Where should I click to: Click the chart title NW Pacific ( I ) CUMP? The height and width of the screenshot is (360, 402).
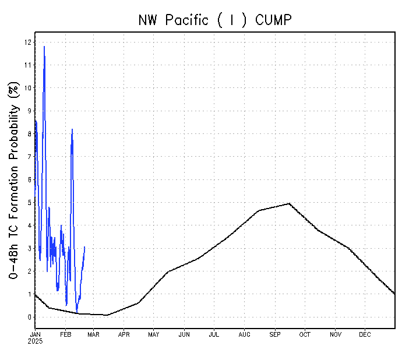tap(214, 20)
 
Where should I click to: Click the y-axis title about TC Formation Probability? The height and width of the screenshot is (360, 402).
tap(13, 180)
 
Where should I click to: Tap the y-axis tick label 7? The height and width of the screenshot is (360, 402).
tap(29, 157)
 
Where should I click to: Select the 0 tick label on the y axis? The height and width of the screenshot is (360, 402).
tap(29, 317)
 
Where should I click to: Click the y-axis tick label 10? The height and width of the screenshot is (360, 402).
tap(27, 88)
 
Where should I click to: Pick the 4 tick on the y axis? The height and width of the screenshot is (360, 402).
tap(29, 225)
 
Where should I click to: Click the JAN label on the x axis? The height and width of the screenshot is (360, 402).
tap(36, 334)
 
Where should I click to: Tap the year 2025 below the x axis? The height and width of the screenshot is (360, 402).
tap(36, 341)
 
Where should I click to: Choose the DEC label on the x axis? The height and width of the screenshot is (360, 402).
tap(365, 334)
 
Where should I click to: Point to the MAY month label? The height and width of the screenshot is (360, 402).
tap(154, 334)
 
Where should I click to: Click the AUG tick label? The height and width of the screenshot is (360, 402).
tap(244, 334)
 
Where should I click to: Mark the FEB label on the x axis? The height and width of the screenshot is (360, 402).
tap(66, 334)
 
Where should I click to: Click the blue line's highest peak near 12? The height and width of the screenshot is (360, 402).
tap(44, 46)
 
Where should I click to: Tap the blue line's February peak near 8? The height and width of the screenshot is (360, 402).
tap(72, 129)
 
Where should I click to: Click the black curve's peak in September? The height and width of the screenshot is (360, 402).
tap(289, 203)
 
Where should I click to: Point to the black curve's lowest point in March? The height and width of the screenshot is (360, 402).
tap(107, 315)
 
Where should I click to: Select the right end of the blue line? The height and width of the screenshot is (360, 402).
tap(84, 247)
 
